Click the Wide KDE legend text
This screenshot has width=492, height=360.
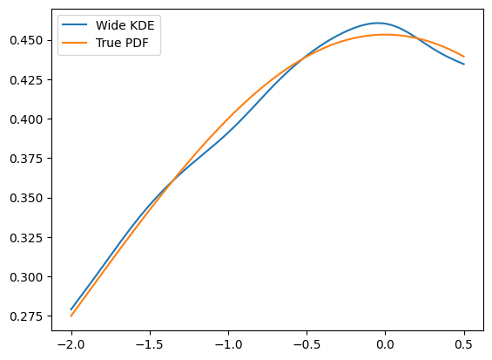125,25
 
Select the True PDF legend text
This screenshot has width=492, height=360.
122,43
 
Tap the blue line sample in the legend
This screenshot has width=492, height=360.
74,25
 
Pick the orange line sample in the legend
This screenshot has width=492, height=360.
74,43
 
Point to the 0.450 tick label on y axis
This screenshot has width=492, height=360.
26,40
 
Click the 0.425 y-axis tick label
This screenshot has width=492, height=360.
26,80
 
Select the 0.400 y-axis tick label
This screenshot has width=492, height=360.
26,119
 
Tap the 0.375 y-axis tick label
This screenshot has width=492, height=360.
26,159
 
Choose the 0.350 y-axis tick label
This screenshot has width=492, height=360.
26,198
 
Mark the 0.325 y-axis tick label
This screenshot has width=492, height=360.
26,238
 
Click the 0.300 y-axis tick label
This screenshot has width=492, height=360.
26,277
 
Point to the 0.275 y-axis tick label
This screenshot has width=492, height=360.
26,316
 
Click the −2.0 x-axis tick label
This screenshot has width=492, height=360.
71,344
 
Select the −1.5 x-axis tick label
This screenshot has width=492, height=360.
150,344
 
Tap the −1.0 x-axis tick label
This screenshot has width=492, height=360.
228,344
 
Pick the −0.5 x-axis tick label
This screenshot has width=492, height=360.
307,344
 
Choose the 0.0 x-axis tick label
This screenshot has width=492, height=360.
385,344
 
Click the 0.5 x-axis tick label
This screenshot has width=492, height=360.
464,344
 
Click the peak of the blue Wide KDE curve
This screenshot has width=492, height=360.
377,23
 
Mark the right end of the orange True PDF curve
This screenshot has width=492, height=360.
464,57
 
